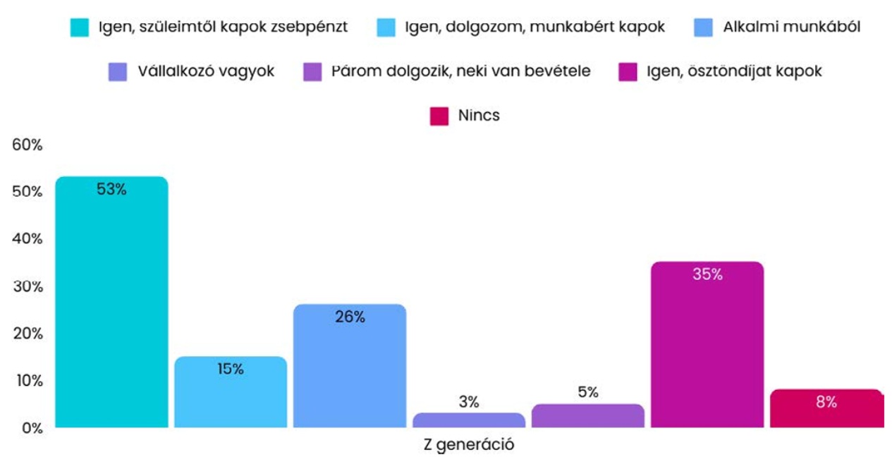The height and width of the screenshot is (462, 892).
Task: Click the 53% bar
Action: (111, 303)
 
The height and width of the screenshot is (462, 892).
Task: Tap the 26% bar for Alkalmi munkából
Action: (350, 367)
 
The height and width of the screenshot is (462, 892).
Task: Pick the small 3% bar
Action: (469, 420)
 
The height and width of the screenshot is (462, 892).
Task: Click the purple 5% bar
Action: (588, 416)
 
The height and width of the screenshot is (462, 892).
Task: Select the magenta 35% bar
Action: (707, 346)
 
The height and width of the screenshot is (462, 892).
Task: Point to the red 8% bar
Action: (826, 409)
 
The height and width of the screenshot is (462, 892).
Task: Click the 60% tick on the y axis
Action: (28, 145)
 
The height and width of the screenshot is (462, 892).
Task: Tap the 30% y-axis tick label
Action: (28, 286)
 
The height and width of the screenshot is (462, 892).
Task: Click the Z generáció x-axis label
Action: (469, 446)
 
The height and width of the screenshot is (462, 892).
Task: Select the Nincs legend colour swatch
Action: (439, 116)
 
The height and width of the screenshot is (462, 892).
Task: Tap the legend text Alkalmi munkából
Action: (791, 28)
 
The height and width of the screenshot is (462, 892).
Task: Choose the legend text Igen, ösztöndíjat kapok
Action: (734, 71)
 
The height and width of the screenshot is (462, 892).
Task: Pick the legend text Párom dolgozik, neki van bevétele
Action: (460, 71)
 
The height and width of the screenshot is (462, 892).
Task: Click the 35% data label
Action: (707, 274)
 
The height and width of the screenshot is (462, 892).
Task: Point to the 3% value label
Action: (469, 402)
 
